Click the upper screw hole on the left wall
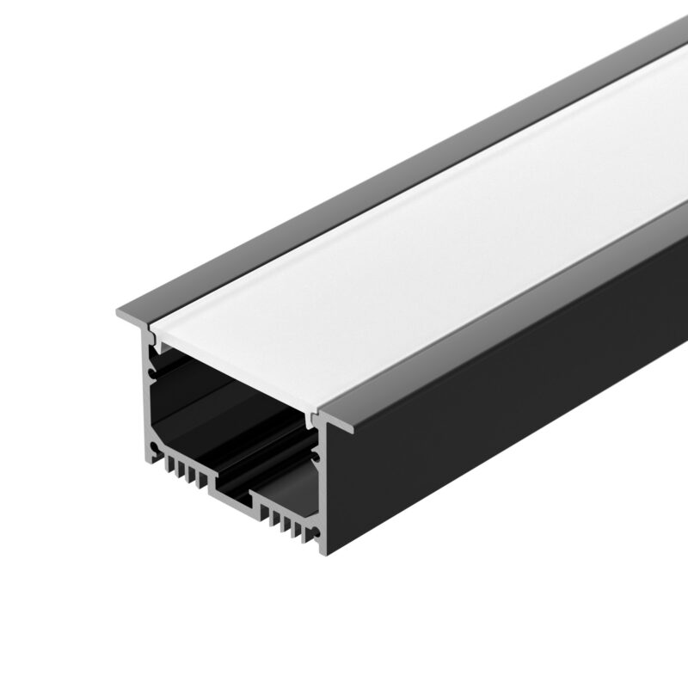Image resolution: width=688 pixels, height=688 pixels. pos(153,372)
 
